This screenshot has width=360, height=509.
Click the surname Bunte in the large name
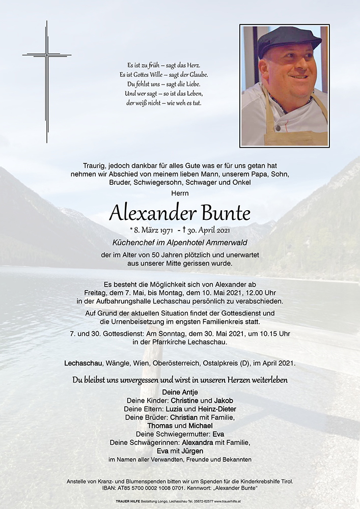(x=219, y=213)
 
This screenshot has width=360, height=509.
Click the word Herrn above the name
(x=180, y=193)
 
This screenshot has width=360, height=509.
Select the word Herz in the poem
(x=193, y=66)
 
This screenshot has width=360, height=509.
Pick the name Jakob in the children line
(x=224, y=401)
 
